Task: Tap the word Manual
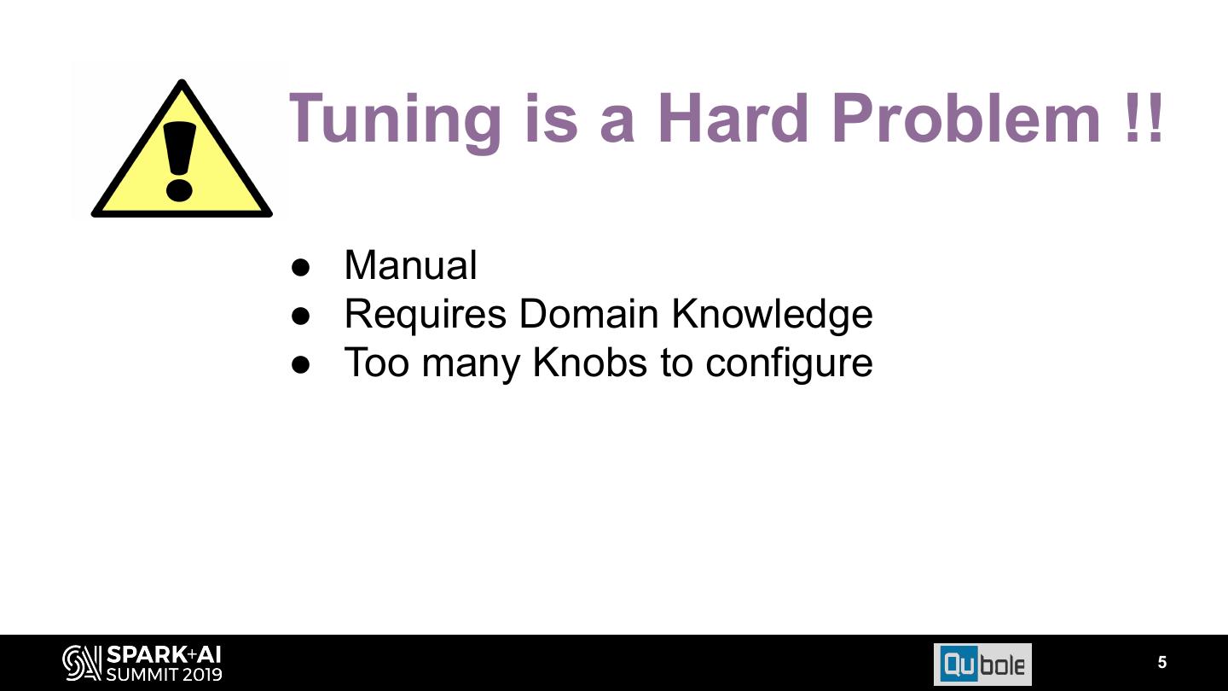[410, 265]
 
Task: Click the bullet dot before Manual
[300, 266]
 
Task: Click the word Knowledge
[772, 314]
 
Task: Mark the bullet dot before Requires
[300, 316]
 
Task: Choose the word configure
[789, 363]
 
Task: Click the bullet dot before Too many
[300, 364]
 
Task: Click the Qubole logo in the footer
[982, 664]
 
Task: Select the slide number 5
[1161, 662]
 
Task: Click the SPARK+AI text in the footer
[164, 654]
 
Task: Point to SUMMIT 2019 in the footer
[164, 674]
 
